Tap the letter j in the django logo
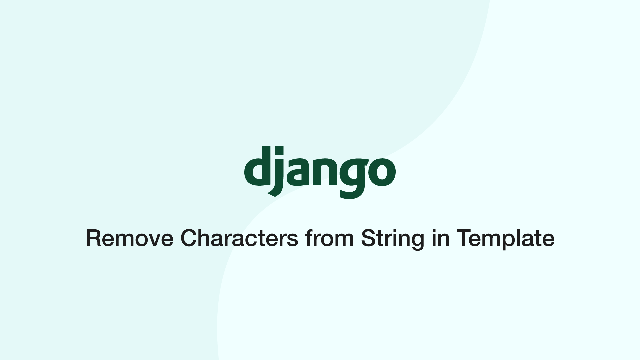click(279, 173)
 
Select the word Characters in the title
click(239, 238)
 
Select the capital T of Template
click(463, 238)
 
